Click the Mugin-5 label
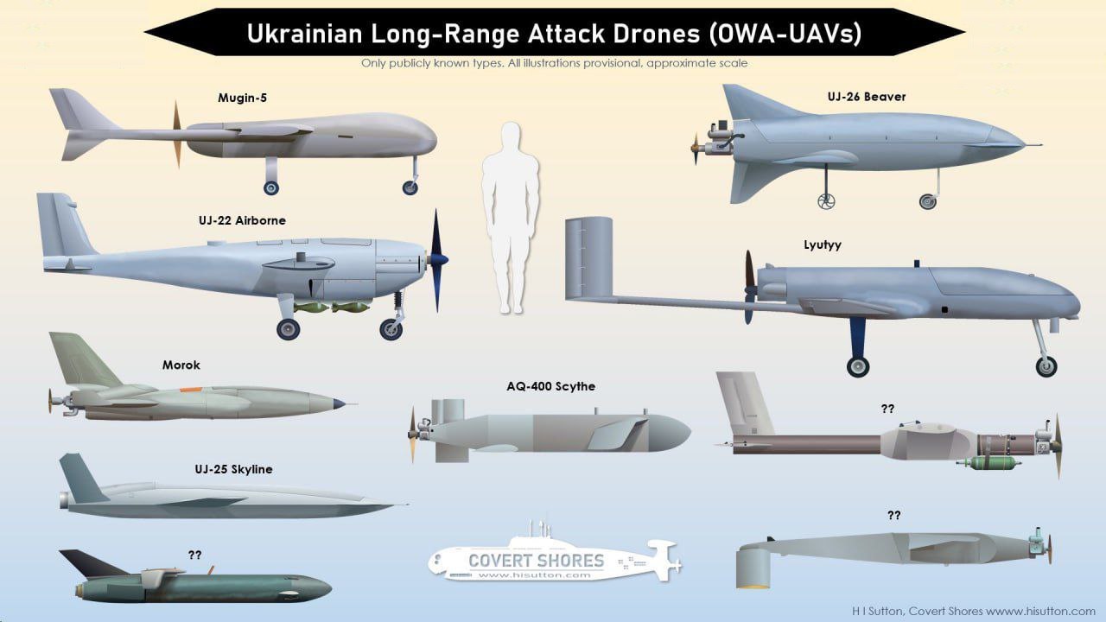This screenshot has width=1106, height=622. click(x=242, y=98)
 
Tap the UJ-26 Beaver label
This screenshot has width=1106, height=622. click(x=866, y=97)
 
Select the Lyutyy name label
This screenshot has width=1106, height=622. click(x=822, y=244)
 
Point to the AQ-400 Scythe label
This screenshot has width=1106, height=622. click(x=550, y=386)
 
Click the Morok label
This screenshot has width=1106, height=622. click(x=181, y=365)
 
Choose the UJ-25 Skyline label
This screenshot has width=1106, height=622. click(x=233, y=469)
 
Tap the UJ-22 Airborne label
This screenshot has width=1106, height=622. click(x=242, y=220)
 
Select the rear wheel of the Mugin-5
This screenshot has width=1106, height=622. click(x=271, y=187)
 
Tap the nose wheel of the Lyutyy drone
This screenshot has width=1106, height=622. click(x=1047, y=365)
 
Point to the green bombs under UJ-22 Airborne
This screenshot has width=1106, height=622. click(x=333, y=308)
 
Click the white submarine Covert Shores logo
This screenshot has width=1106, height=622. click(x=553, y=557)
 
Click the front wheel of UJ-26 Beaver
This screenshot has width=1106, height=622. click(x=928, y=201)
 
